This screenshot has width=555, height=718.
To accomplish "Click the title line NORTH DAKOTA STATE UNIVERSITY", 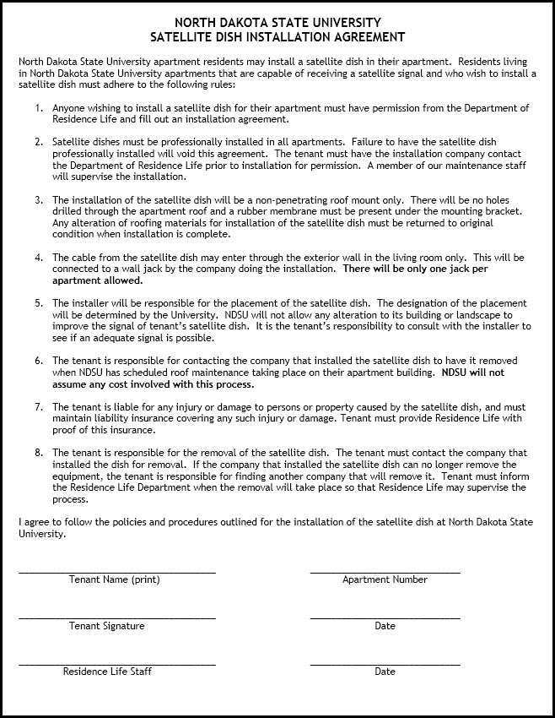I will (x=277, y=23).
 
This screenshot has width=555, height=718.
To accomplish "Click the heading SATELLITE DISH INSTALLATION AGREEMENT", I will (x=277, y=37).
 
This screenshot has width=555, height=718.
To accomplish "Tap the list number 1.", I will (x=39, y=108).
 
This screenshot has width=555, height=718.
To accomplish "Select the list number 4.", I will (x=39, y=257).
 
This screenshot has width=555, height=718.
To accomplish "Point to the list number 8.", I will (x=39, y=453).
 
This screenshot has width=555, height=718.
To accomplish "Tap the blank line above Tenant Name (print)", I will (x=117, y=572).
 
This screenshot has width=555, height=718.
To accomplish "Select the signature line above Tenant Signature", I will (x=117, y=618).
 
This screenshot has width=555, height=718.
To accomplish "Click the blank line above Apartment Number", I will (x=385, y=572).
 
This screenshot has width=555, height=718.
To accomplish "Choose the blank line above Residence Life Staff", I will (x=117, y=664).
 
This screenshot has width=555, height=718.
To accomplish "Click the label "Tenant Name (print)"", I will (x=114, y=580).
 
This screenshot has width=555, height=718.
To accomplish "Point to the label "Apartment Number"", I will (x=385, y=580).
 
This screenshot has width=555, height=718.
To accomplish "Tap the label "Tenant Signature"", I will (x=107, y=627).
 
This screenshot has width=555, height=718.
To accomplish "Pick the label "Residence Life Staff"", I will (x=107, y=672).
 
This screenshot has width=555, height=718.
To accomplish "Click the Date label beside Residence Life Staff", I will (x=385, y=672).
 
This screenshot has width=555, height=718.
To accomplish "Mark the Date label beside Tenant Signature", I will (x=385, y=627).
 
